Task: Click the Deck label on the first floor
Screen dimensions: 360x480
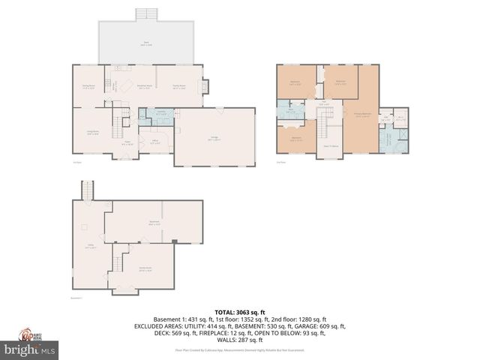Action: pos(147,44)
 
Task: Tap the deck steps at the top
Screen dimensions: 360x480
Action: pos(147,14)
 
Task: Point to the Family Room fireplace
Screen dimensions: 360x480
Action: pos(206,87)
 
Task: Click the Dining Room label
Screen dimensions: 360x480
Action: pos(88,86)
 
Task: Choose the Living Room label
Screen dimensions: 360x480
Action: pos(91,133)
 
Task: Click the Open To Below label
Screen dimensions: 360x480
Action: pos(331,145)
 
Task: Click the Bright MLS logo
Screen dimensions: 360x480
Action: pos(30,349)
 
